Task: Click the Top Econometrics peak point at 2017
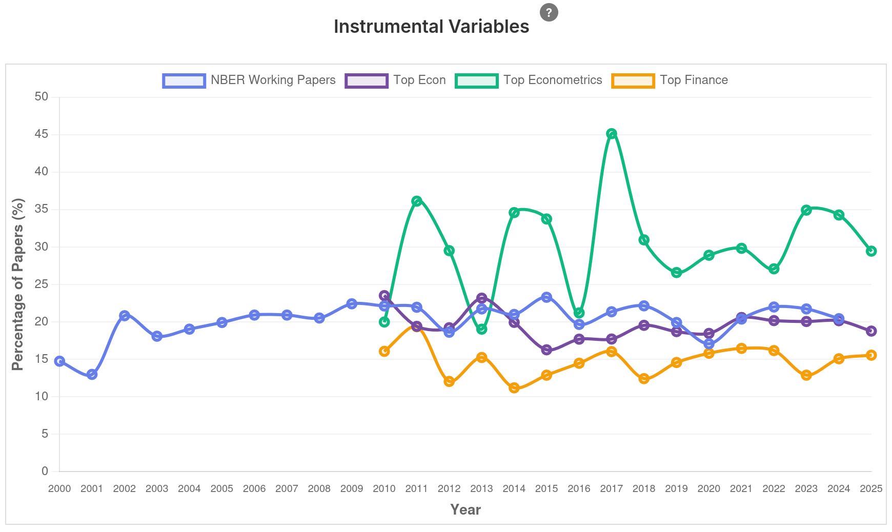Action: (611, 134)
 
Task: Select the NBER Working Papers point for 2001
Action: (92, 374)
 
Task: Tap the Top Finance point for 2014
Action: (514, 388)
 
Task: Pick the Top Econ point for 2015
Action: (546, 350)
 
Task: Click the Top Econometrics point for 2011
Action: (417, 201)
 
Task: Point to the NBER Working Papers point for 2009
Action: (352, 304)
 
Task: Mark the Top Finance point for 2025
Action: (871, 355)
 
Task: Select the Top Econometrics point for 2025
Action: (871, 251)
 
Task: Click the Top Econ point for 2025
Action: (871, 331)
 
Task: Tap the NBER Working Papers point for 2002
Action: (125, 315)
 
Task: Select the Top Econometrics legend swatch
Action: (476, 80)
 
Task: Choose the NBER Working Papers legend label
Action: (273, 80)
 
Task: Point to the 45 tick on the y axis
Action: (42, 134)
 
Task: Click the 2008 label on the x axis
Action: (319, 489)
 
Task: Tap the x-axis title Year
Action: (465, 509)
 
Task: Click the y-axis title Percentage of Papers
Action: (18, 284)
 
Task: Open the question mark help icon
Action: (549, 12)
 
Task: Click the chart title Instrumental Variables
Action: (431, 27)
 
